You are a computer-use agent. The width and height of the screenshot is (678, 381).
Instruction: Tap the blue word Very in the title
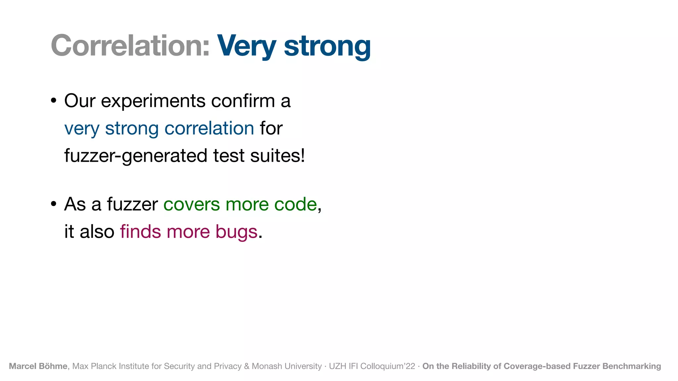(246, 46)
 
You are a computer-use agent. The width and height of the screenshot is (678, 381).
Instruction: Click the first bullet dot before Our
(54, 101)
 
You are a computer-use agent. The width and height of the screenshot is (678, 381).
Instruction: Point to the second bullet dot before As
(54, 204)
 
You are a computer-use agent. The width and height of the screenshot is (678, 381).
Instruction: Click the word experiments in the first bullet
(153, 101)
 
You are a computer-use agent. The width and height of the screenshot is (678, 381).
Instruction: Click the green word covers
(191, 204)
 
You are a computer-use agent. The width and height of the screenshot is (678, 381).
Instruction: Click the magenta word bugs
(236, 232)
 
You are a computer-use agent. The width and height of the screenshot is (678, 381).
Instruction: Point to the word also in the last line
(97, 232)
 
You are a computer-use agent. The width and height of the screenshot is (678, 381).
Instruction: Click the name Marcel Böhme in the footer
(38, 366)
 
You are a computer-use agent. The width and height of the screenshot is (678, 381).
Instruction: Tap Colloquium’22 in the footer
(387, 366)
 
